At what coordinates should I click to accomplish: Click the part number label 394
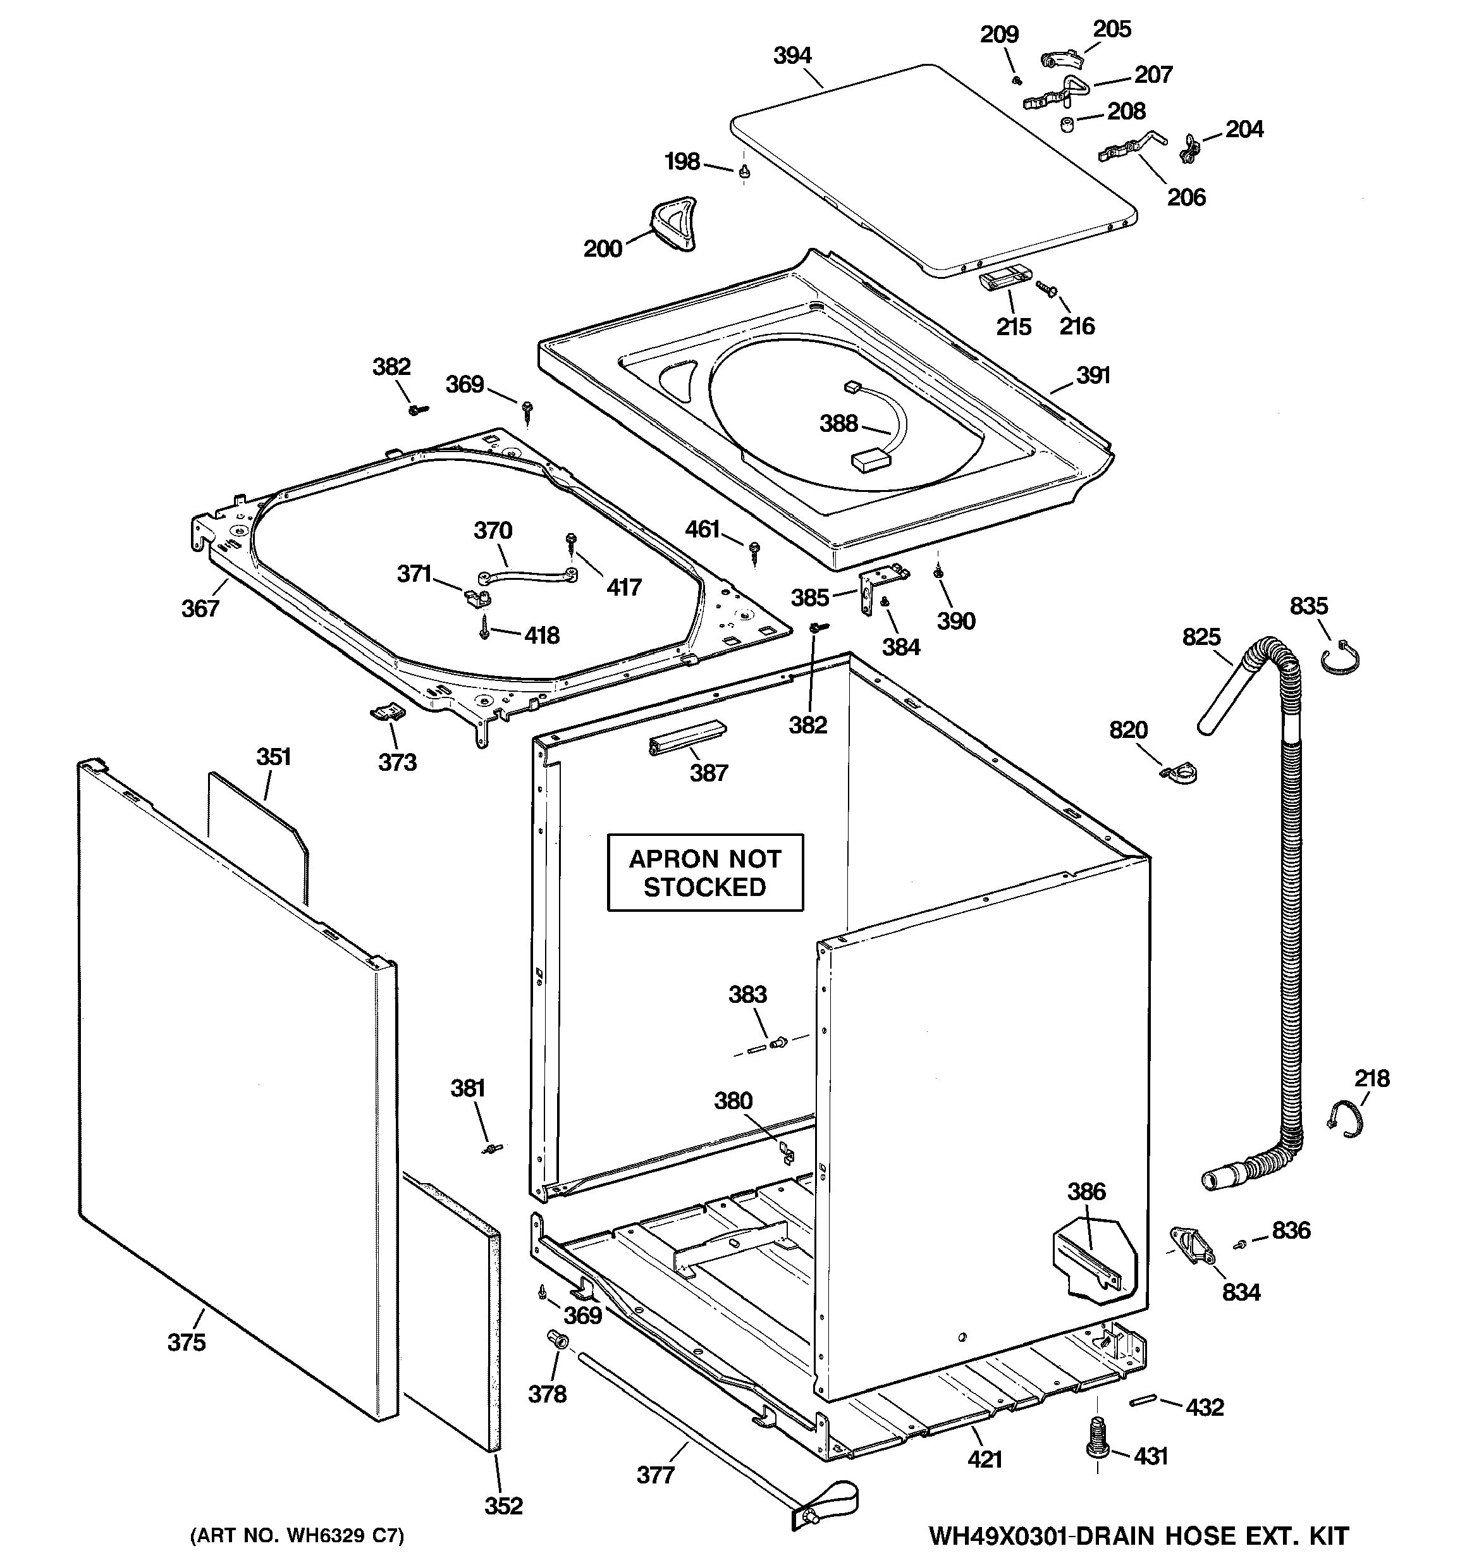[x=792, y=55]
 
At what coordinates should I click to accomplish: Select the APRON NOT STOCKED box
[x=705, y=872]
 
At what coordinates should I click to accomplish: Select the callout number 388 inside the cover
[x=838, y=424]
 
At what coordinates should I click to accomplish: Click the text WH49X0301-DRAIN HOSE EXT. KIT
[x=1138, y=1535]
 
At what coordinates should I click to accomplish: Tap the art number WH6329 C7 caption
[x=297, y=1536]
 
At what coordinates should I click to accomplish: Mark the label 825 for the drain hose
[x=1201, y=636]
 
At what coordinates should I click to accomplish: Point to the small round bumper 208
[x=1067, y=125]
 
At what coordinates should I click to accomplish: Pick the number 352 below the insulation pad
[x=503, y=1505]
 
